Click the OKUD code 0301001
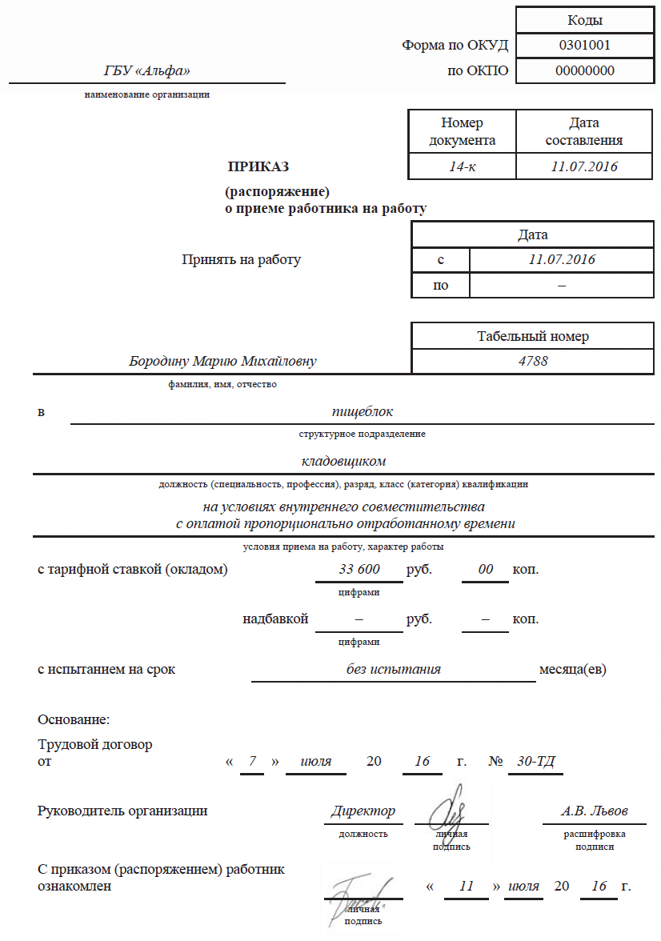[584, 45]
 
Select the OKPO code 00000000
[584, 70]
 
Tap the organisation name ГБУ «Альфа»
[147, 71]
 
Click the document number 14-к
[462, 166]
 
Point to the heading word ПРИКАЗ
[258, 167]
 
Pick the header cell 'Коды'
[584, 20]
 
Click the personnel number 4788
[533, 361]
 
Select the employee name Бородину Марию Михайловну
[222, 362]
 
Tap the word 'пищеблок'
[363, 412]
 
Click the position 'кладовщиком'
[344, 462]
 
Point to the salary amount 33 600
[359, 570]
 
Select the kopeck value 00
[486, 570]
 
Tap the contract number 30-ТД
[535, 761]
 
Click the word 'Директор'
[363, 811]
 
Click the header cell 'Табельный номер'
[533, 336]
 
